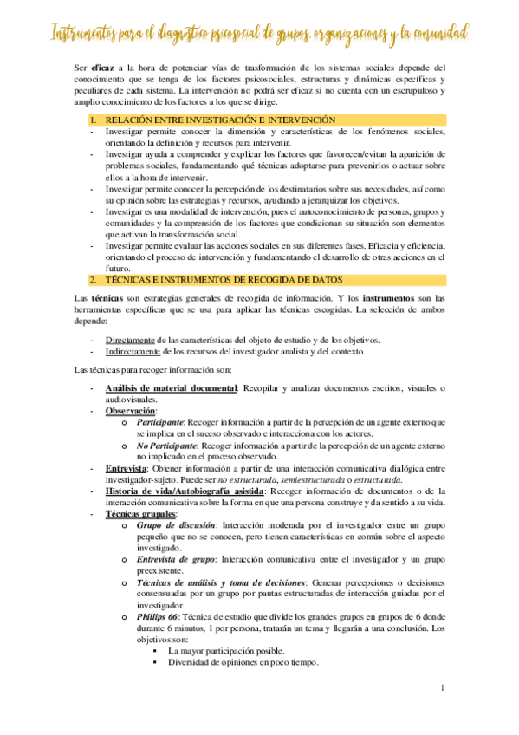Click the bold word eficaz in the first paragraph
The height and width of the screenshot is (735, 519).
[x=103, y=67]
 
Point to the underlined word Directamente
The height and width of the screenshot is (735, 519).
[x=130, y=340]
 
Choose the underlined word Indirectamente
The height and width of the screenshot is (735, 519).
[x=134, y=351]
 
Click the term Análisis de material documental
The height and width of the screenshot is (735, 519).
[x=171, y=388]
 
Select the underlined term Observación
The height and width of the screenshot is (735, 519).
[x=130, y=410]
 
